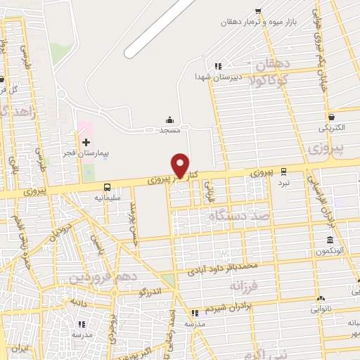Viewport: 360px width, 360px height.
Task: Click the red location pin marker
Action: click(x=181, y=166)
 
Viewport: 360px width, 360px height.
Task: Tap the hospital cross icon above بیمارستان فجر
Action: click(x=86, y=142)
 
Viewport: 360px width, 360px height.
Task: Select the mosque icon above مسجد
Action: click(x=169, y=120)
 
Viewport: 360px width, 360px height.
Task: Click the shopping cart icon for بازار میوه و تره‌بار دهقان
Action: click(x=259, y=11)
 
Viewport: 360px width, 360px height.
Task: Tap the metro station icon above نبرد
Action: click(x=283, y=171)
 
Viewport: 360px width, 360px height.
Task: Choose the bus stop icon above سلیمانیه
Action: click(x=107, y=187)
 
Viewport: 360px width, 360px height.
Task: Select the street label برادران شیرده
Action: click(x=228, y=309)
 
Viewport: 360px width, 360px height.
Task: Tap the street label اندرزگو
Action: click(x=150, y=289)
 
